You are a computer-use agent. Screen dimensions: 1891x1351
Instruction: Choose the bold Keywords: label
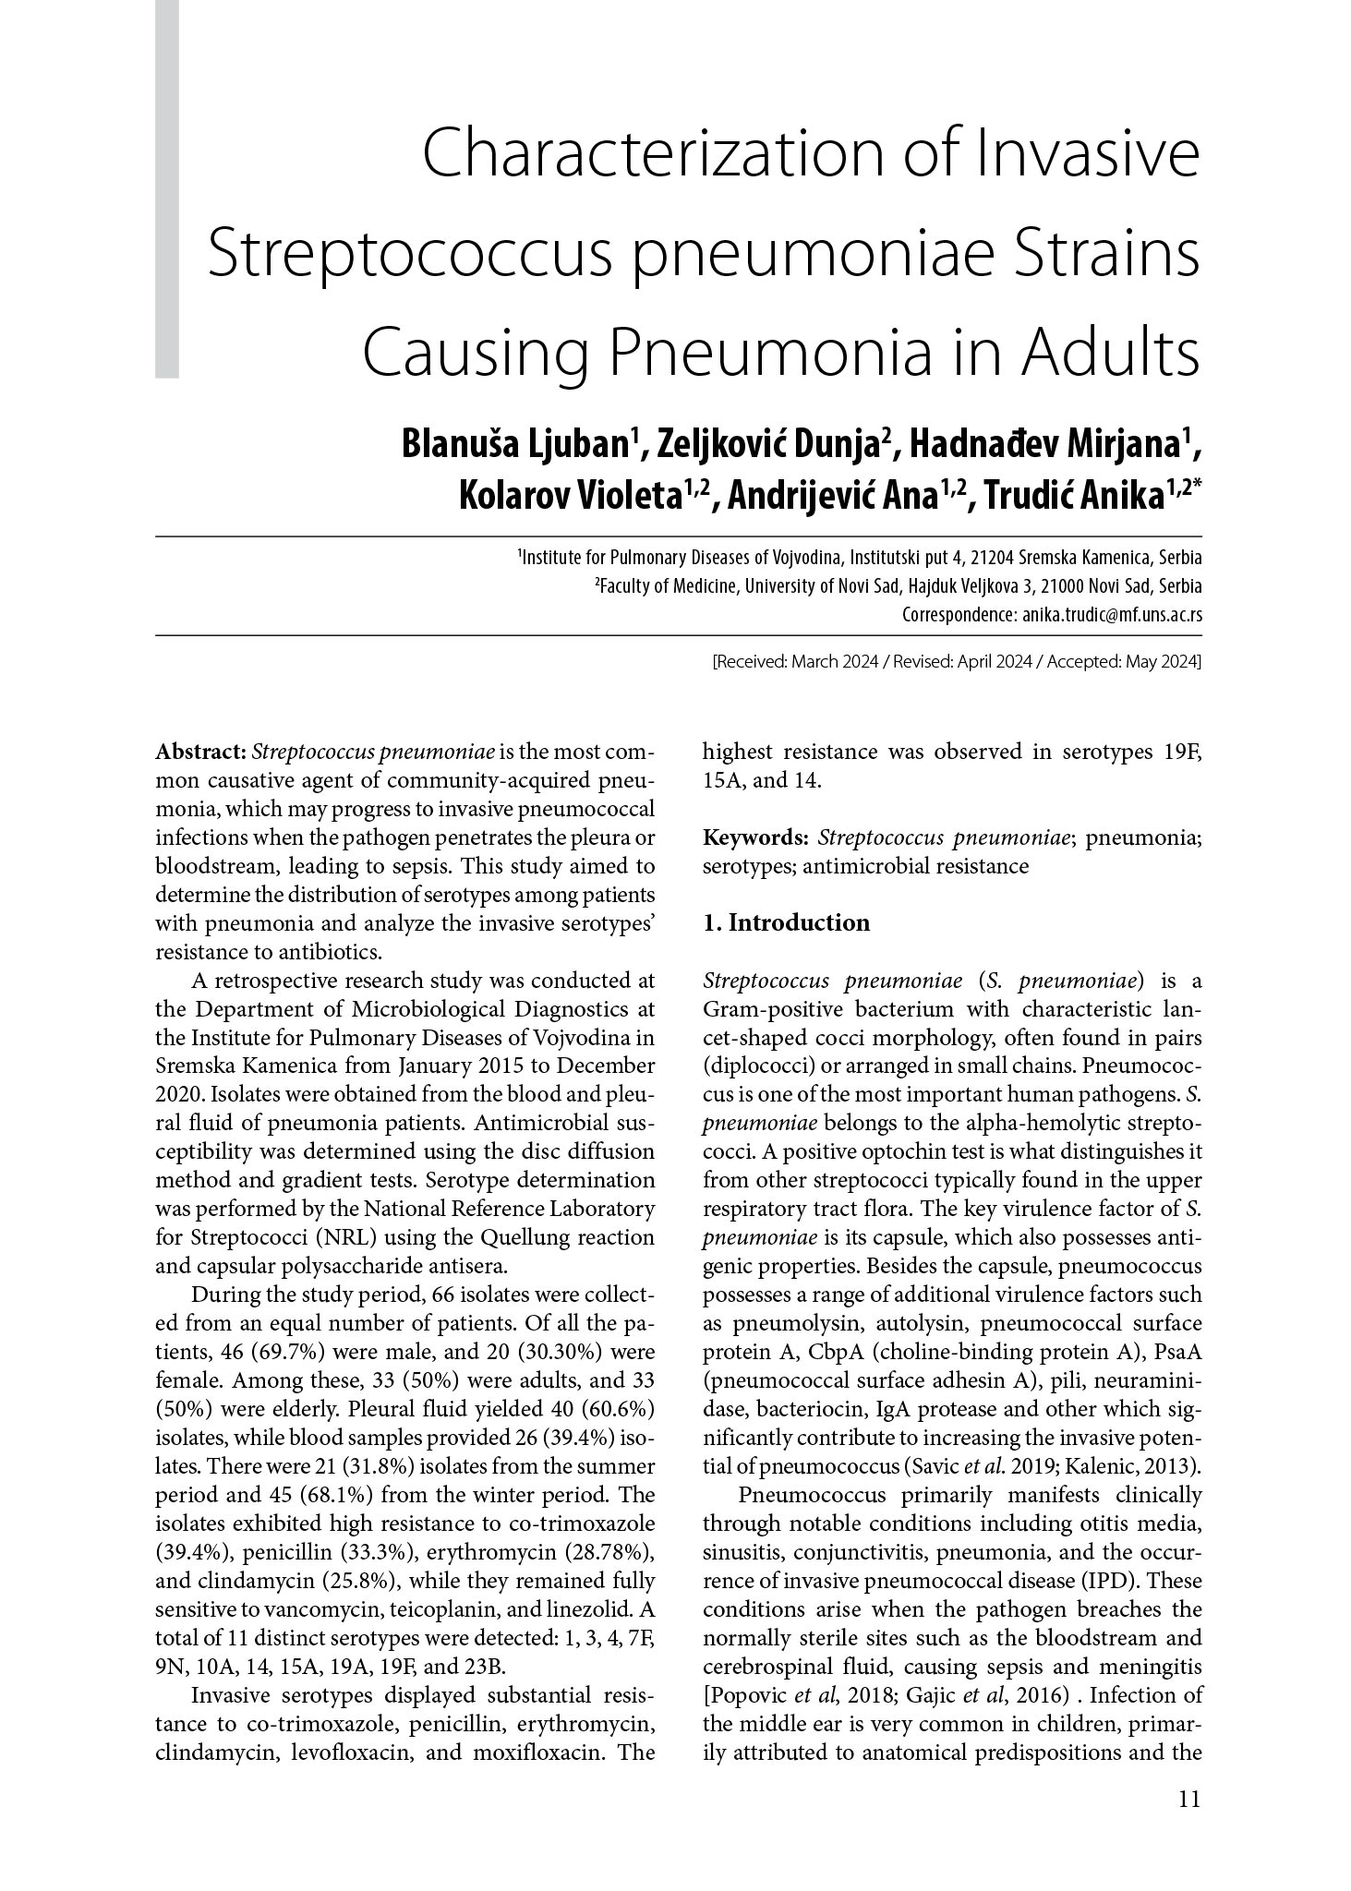[x=755, y=837]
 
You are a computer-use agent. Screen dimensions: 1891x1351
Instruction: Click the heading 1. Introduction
[x=786, y=923]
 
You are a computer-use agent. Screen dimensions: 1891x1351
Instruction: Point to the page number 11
[x=1188, y=1825]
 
